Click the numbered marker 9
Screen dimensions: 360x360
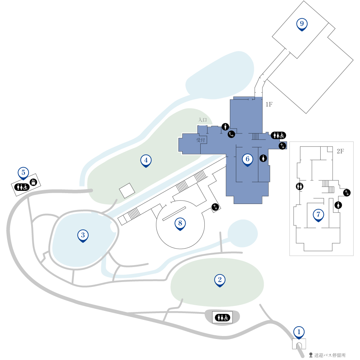301,24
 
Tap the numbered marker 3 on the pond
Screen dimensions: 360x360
83,236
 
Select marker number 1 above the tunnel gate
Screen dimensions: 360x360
299,333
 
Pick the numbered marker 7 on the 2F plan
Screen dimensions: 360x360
318,215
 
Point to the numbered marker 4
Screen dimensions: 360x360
146,161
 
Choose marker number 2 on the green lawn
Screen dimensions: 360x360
220,280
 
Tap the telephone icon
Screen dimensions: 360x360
231,134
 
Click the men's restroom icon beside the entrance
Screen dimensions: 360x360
225,126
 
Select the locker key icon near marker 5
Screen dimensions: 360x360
33,182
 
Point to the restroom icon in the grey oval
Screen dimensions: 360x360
222,318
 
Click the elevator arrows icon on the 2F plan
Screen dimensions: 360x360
346,193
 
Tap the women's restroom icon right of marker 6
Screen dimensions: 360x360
263,158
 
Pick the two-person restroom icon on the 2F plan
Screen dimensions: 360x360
300,186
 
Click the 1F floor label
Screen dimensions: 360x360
269,105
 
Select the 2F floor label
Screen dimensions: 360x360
340,151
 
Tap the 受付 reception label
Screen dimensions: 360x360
200,140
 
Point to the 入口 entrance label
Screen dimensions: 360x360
202,120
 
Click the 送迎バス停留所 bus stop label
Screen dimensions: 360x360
330,355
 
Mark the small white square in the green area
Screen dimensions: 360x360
127,190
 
